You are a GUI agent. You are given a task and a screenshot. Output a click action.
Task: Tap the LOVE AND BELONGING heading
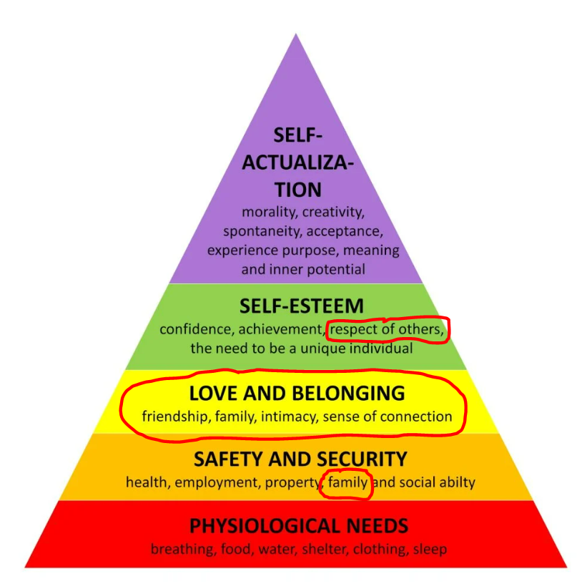click(x=297, y=393)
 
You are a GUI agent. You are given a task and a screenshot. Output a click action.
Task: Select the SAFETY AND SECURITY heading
click(x=300, y=459)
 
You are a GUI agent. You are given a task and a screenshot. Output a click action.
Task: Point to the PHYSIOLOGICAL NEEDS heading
click(x=299, y=526)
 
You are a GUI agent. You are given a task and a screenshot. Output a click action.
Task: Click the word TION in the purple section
click(x=297, y=190)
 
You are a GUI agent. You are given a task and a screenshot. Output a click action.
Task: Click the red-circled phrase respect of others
click(x=386, y=330)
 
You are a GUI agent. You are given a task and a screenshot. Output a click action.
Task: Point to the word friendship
click(x=174, y=416)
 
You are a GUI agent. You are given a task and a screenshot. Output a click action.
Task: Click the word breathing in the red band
click(x=177, y=550)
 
